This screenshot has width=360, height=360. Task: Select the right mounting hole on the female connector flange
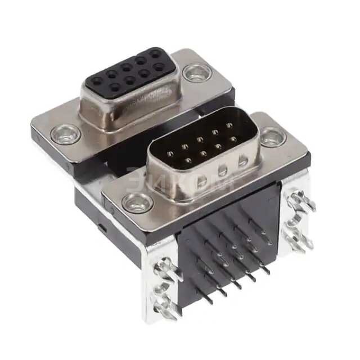[x=196, y=72]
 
